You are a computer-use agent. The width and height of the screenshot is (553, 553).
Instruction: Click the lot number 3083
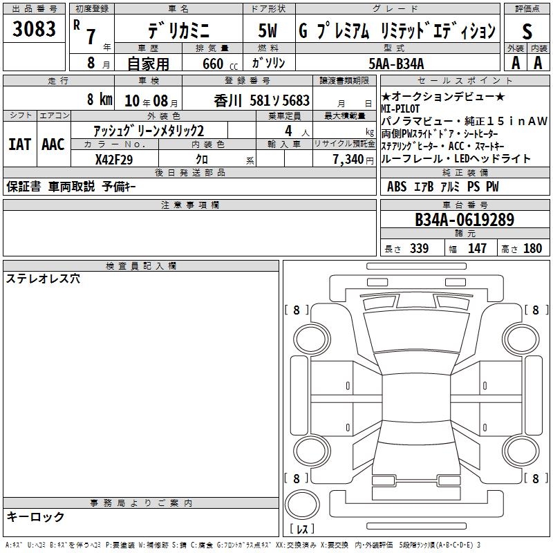coord(34,28)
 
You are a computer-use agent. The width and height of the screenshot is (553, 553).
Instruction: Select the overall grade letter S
coord(527,31)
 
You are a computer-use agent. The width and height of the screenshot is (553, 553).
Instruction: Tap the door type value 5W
coord(268,30)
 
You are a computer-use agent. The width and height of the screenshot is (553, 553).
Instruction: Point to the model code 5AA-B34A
coord(396,64)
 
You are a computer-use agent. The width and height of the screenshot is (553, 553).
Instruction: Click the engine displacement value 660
coord(213,64)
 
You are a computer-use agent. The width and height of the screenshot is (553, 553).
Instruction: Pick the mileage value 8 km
coord(100,99)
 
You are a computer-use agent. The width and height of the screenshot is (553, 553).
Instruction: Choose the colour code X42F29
coord(114,160)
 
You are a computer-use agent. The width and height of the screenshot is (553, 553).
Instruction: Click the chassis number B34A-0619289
coord(465,220)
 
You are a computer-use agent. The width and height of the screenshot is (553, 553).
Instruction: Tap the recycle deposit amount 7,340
coord(348,160)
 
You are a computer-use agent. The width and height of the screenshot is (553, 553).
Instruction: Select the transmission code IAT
coord(20,144)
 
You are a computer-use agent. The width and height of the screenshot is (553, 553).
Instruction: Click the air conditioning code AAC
coord(53,144)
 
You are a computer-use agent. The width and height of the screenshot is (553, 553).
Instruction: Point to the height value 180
coord(532,248)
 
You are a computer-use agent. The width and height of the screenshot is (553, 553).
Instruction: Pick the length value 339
coord(420,248)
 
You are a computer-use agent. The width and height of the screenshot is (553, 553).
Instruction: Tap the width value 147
coord(477,248)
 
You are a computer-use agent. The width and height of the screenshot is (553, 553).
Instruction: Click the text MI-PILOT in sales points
coord(400,109)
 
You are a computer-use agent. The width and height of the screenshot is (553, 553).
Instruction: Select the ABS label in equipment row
coord(397,187)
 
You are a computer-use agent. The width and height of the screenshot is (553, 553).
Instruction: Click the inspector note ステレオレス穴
coord(43,279)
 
